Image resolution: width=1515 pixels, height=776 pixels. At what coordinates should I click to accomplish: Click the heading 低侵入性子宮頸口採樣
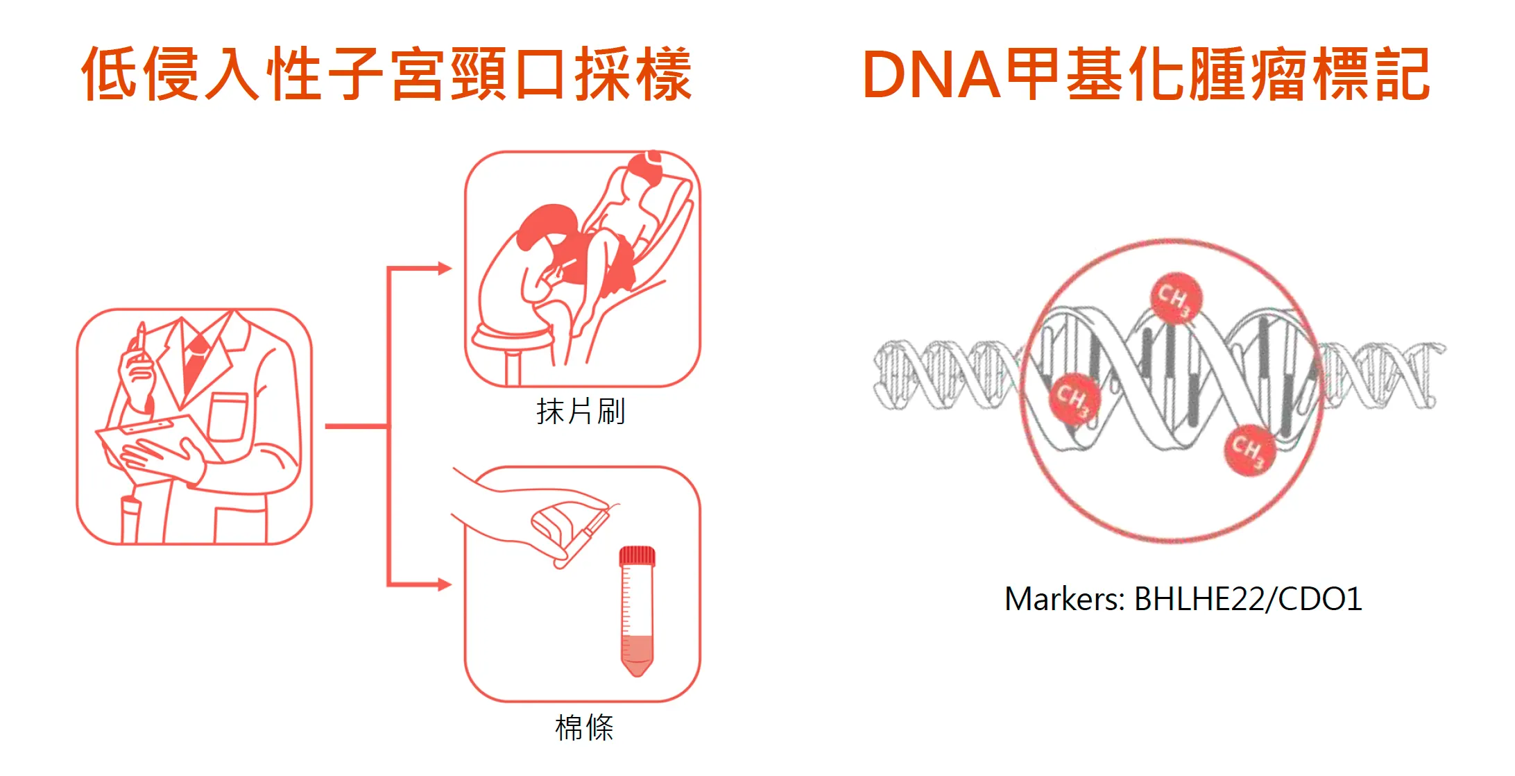pos(387,74)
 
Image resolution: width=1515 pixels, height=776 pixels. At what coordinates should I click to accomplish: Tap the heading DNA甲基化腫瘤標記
pos(1147,74)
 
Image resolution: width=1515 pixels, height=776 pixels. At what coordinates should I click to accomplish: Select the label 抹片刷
pos(581,412)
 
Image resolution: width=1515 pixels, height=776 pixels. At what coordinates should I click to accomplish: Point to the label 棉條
pos(585,728)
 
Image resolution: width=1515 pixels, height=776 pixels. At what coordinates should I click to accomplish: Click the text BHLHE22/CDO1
pos(1248,599)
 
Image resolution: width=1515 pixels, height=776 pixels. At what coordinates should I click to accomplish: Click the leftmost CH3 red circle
pos(1075,398)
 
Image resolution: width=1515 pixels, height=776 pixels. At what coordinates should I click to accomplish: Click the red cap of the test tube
pos(637,556)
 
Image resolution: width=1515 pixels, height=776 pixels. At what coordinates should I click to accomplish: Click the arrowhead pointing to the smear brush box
pos(445,269)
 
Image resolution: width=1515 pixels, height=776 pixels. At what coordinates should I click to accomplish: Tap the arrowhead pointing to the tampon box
pos(445,584)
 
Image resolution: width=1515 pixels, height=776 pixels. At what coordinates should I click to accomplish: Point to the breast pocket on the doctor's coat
pos(228,416)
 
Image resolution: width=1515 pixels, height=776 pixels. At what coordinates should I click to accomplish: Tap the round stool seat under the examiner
pos(512,338)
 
